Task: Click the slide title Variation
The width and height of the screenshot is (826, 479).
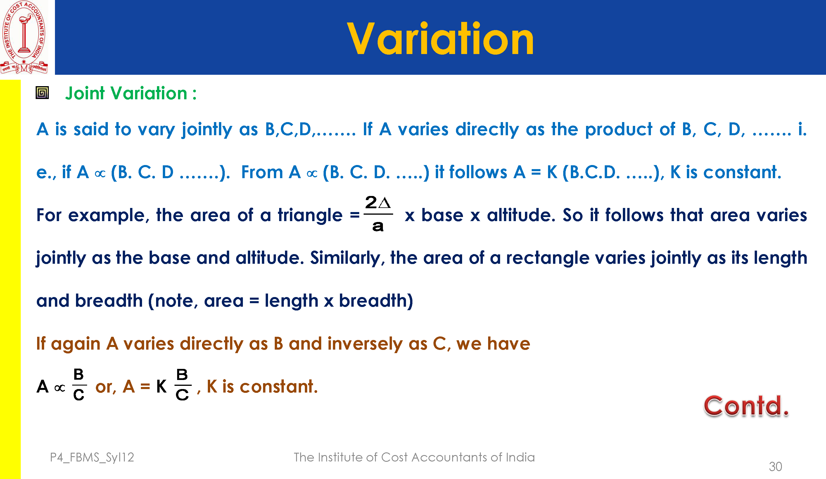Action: point(440,39)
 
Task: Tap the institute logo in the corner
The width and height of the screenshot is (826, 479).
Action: point(24,37)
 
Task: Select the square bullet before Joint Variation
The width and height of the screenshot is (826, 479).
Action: point(42,93)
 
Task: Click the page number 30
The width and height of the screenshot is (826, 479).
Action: point(775,466)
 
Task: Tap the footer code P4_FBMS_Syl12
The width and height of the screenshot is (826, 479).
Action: point(92,457)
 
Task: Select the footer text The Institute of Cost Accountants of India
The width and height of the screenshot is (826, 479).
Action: point(414,457)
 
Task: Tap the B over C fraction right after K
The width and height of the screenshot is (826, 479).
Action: point(183,385)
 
